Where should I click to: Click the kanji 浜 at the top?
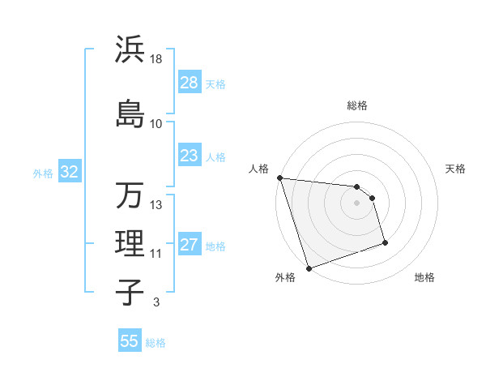click(130, 49)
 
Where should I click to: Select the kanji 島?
click(130, 112)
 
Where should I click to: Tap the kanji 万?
click(130, 195)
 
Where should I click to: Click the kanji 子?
click(130, 292)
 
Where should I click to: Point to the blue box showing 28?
click(190, 83)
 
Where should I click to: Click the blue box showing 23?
click(190, 156)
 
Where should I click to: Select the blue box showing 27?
click(190, 246)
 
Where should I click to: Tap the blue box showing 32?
click(69, 172)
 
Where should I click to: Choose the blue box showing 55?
click(130, 341)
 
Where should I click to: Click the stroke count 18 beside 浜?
click(156, 59)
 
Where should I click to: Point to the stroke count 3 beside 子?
click(156, 302)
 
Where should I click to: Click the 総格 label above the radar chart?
click(357, 105)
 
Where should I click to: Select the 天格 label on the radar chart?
click(456, 169)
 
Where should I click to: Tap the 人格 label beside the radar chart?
click(259, 169)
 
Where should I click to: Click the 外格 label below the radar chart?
click(285, 277)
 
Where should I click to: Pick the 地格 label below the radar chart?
click(424, 277)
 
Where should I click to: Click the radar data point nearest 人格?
click(279, 178)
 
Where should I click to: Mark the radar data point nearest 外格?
click(309, 268)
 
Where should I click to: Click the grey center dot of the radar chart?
click(357, 203)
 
